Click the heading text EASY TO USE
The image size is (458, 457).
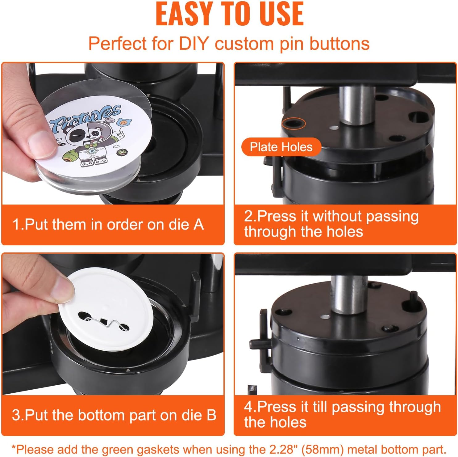click(x=230, y=14)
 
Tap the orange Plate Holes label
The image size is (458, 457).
click(x=281, y=147)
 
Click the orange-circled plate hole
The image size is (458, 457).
click(x=294, y=124)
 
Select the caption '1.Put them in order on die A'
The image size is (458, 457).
click(x=108, y=224)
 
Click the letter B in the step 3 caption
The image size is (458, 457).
click(x=211, y=415)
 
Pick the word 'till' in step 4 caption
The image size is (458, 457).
click(x=320, y=407)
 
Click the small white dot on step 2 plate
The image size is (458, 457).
click(x=333, y=127)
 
